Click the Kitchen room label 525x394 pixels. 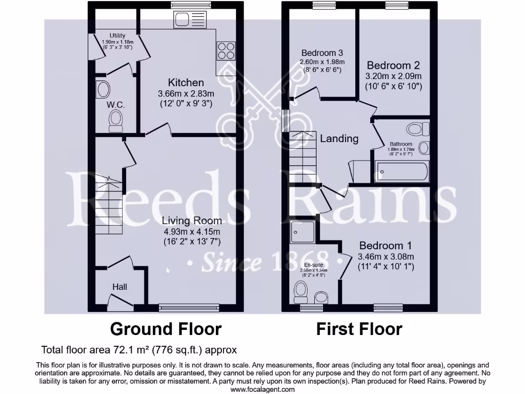point(186,83)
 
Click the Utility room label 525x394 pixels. point(117,35)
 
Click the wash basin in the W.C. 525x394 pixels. point(103,90)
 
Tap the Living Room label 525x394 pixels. point(192,221)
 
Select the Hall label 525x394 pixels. point(119,287)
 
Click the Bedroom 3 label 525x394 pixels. point(322,53)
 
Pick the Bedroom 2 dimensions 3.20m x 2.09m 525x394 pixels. point(393,76)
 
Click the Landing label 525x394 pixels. point(339,139)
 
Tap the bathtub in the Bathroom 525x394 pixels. point(402,171)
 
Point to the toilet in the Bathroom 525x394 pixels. point(417,129)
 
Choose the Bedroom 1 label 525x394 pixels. point(385,246)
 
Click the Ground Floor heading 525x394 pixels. point(166,328)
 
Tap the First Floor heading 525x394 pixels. point(359,328)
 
